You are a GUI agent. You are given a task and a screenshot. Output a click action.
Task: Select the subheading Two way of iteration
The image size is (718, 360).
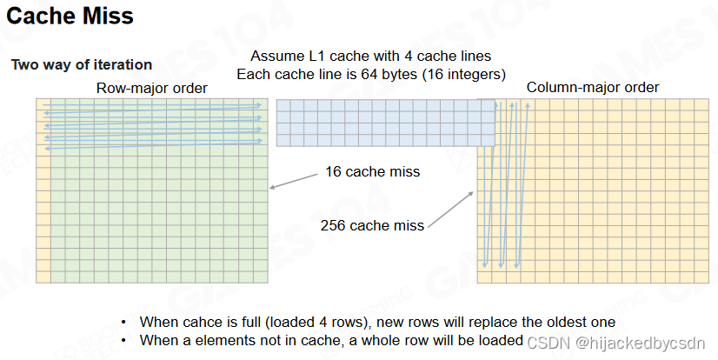point(81,64)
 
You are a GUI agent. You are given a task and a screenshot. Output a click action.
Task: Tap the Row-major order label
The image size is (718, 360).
point(152,88)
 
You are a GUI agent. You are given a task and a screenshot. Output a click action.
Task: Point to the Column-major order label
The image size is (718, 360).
point(592,87)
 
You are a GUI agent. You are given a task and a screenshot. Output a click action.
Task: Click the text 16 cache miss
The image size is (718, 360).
point(373,171)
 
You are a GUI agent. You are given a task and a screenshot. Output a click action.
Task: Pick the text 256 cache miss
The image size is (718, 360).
point(373,225)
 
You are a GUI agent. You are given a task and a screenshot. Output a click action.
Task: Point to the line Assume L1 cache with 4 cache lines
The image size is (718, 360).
point(370,57)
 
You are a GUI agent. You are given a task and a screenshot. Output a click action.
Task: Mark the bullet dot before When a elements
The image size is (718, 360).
point(124,341)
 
